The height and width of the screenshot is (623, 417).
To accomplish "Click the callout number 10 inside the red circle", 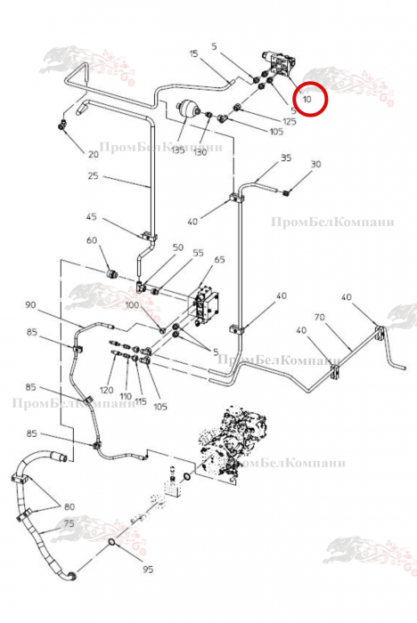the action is pyautogui.click(x=307, y=99).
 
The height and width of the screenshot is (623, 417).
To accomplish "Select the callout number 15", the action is pyautogui.click(x=193, y=53).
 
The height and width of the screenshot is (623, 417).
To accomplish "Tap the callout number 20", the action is pyautogui.click(x=93, y=154).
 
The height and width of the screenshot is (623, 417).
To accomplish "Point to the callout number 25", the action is pyautogui.click(x=93, y=175).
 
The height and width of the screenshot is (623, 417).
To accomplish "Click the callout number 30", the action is pyautogui.click(x=315, y=164).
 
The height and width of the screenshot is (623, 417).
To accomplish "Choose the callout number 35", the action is pyautogui.click(x=286, y=158).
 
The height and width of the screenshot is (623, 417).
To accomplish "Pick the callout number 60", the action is pyautogui.click(x=92, y=240).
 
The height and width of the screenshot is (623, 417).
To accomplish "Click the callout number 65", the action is pyautogui.click(x=220, y=260).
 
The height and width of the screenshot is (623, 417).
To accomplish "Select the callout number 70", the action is pyautogui.click(x=320, y=317).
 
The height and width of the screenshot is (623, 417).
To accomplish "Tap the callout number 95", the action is pyautogui.click(x=148, y=570).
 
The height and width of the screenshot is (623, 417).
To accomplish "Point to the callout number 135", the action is pyautogui.click(x=178, y=150).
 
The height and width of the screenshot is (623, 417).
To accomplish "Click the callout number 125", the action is pyautogui.click(x=290, y=121).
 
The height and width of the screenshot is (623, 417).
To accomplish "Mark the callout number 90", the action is pyautogui.click(x=30, y=305).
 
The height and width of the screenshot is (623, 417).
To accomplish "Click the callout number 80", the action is pyautogui.click(x=69, y=506).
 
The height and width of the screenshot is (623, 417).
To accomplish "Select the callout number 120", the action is pyautogui.click(x=106, y=390).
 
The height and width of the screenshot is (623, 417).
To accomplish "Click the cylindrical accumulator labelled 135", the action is pyautogui.click(x=188, y=109).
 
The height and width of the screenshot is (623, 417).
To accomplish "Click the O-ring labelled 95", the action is pyautogui.click(x=112, y=543).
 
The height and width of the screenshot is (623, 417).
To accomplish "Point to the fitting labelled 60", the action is pyautogui.click(x=112, y=273).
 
